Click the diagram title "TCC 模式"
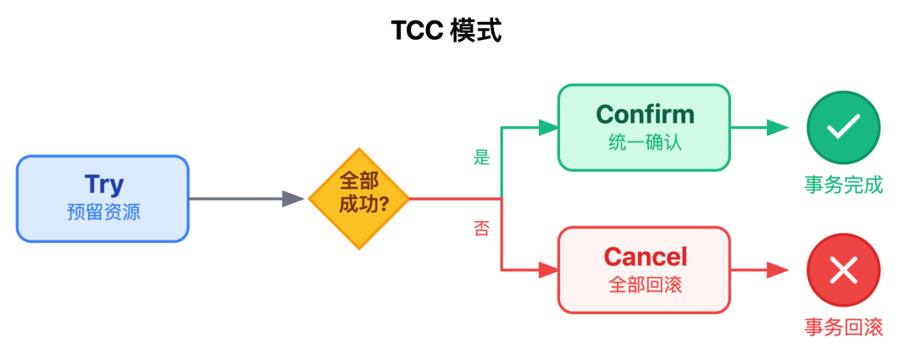[446, 31]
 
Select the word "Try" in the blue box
[103, 184]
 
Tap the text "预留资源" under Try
[103, 212]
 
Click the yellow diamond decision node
[358, 199]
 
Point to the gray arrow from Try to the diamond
[246, 199]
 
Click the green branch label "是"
[481, 157]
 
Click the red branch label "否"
[481, 229]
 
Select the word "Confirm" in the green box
[645, 114]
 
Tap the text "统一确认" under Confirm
[645, 142]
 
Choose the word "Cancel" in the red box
[645, 256]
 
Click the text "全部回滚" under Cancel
[645, 285]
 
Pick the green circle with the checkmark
[843, 128]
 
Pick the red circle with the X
[843, 271]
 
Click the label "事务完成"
[843, 185]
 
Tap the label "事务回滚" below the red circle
[843, 327]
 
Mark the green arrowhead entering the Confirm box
[548, 128]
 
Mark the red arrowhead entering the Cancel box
[548, 271]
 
